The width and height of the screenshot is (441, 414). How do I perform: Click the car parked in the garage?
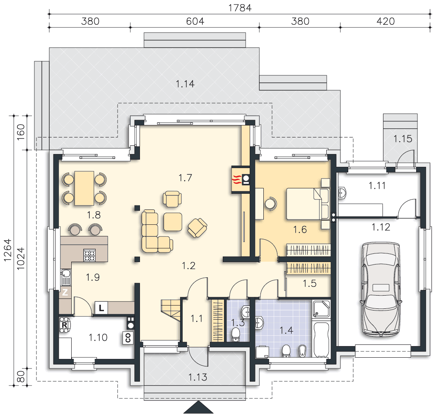[x=381, y=289]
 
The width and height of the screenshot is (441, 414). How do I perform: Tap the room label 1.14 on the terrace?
[x=185, y=84]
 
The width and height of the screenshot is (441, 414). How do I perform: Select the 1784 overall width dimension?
[x=240, y=8]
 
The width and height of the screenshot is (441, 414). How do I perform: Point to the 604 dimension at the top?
[x=195, y=22]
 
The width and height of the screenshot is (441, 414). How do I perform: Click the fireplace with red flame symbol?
[x=241, y=179]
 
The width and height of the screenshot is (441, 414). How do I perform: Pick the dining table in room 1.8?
[x=84, y=188]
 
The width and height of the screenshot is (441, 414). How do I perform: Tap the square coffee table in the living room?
[x=173, y=221]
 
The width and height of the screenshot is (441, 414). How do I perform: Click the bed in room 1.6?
[x=308, y=204]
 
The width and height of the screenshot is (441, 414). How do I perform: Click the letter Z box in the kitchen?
[x=65, y=292]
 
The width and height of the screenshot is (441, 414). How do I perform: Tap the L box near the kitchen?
[x=101, y=308]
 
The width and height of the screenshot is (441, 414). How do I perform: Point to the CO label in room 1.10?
[x=128, y=338]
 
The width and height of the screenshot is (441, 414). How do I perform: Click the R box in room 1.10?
[x=65, y=325]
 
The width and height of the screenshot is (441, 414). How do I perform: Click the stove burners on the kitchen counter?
[x=90, y=255]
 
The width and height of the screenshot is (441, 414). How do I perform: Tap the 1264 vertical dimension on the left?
[x=7, y=250]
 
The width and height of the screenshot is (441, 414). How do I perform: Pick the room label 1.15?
[x=402, y=139]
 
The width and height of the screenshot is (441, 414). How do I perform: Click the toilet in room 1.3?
[x=236, y=335]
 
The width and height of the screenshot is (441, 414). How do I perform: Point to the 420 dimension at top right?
[x=386, y=22]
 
